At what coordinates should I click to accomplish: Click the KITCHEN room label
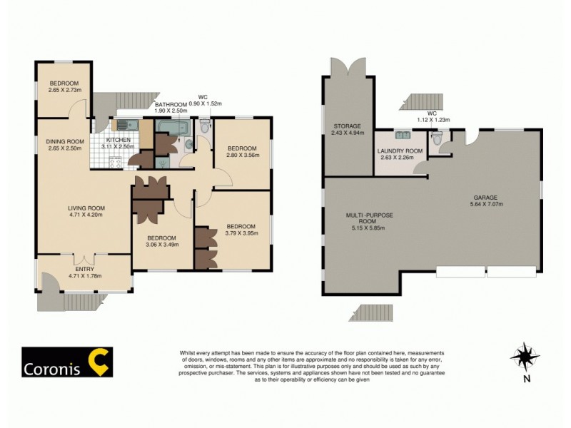pyautogui.click(x=118, y=140)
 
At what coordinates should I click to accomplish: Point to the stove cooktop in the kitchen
pyautogui.click(x=113, y=162)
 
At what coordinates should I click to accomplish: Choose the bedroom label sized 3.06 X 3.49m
pyautogui.click(x=162, y=238)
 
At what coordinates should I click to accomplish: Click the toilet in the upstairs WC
pyautogui.click(x=205, y=128)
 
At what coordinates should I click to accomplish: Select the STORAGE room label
pyautogui.click(x=348, y=126)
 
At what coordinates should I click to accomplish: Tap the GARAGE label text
pyautogui.click(x=485, y=197)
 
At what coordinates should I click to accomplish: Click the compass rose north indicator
pyautogui.click(x=526, y=355)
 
